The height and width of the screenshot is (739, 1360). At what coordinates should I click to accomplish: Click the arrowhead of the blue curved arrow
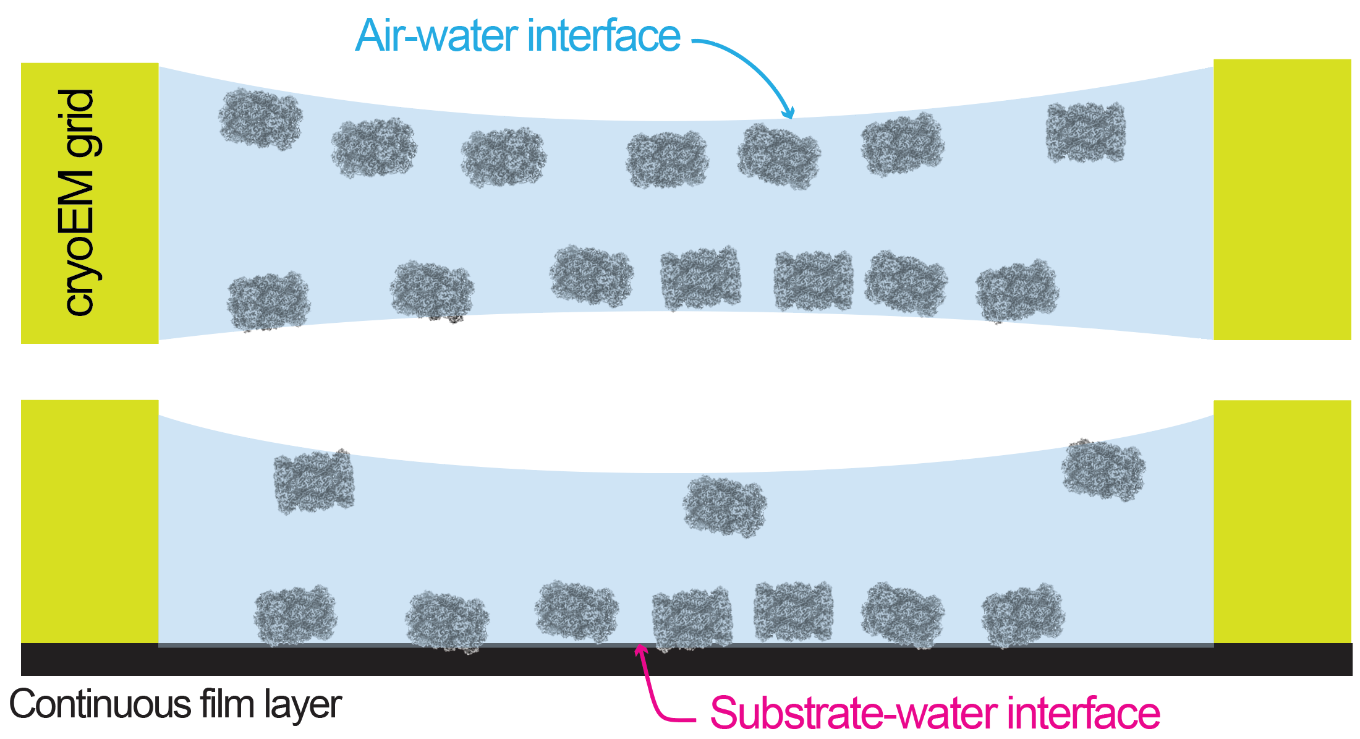(788, 113)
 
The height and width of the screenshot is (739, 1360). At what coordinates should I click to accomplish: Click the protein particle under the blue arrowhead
(779, 156)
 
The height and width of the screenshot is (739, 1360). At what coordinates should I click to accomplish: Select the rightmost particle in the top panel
(1086, 132)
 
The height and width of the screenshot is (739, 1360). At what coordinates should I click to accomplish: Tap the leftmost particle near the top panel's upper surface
(260, 118)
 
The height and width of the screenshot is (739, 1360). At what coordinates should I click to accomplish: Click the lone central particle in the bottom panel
(725, 506)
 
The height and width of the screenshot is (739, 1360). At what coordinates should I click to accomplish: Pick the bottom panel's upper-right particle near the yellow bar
(1103, 470)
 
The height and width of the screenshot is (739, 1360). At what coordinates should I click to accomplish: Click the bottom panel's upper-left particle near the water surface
(314, 481)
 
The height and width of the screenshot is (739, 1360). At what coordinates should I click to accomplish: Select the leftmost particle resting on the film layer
(295, 615)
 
